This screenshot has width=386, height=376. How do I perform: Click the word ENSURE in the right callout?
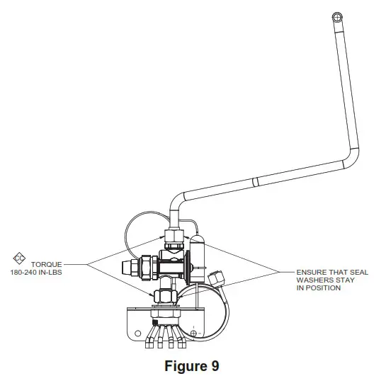tap(309, 273)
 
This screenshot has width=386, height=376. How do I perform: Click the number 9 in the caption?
tap(215, 365)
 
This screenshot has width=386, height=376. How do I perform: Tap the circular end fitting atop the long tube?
tap(338, 16)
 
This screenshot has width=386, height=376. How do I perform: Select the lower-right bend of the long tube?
tap(346, 159)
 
